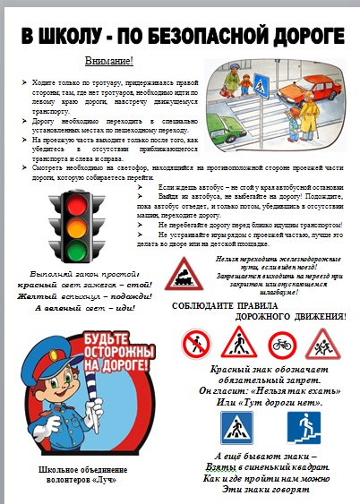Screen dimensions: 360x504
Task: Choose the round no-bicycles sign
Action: (282, 343)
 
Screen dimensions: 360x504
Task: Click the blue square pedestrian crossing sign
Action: (237, 428)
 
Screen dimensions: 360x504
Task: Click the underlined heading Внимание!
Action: (108, 60)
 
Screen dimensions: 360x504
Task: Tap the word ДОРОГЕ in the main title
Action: (301, 35)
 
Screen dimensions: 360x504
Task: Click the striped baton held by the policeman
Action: (93, 393)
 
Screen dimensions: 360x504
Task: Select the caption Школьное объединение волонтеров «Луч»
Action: (77, 474)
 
